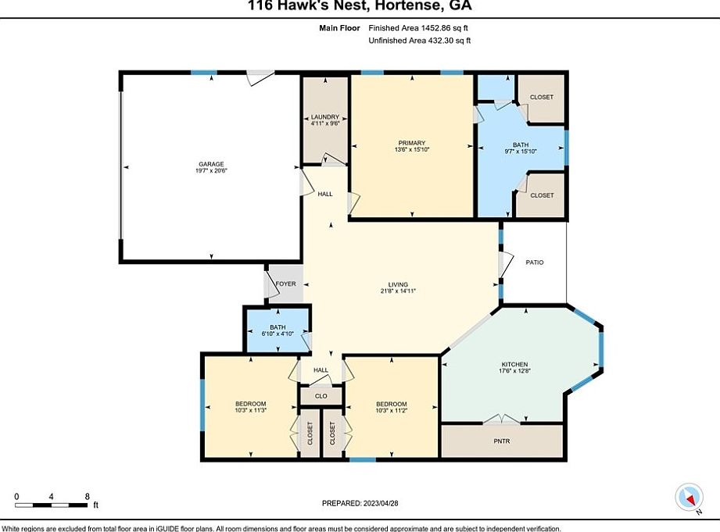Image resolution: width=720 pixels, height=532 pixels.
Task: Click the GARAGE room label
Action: coord(210,164)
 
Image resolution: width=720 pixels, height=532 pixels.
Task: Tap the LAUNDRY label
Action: coord(324,117)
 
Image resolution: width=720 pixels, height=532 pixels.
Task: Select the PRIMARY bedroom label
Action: coord(411,142)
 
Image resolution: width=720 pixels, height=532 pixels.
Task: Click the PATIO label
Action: coord(534,262)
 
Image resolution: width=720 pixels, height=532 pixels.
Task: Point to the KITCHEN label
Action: coord(514,365)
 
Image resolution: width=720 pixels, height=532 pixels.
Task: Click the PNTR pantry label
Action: coord(502,441)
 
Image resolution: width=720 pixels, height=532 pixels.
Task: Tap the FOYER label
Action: coord(286,284)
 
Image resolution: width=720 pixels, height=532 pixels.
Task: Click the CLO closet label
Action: coord(321,395)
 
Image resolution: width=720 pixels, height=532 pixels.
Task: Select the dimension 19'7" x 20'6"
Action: coord(210,172)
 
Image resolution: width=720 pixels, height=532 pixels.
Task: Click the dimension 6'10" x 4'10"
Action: coord(278,334)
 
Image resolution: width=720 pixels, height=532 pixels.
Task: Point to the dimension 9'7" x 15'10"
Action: coord(521,152)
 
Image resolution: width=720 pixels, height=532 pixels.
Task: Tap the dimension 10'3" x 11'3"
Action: coord(250,411)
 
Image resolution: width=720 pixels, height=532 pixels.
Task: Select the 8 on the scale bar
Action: coord(86,496)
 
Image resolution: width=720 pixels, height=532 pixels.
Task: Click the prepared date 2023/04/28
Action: coord(382,503)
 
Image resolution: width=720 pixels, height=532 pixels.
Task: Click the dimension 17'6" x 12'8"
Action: coord(514,373)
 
